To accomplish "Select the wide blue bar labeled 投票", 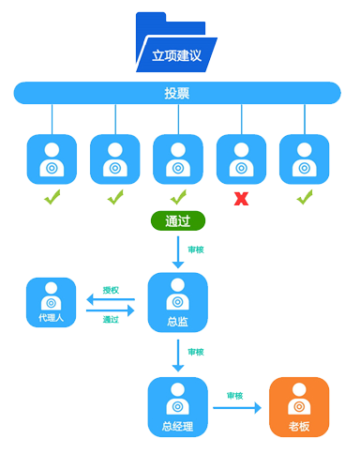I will point(176,92).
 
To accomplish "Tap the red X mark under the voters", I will point(241,199).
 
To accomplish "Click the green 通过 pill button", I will point(177,222).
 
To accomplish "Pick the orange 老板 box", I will point(299,407).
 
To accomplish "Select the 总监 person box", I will point(177,302).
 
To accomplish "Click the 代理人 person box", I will point(52,302).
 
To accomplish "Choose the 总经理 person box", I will point(177,407).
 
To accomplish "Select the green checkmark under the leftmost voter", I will point(52,198).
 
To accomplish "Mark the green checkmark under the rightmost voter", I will point(304,198).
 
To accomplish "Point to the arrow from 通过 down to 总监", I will point(177,252).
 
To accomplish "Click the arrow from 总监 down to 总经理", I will point(177,355).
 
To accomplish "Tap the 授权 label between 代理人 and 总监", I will point(111,290).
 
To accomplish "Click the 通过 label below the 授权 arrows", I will point(111,319).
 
